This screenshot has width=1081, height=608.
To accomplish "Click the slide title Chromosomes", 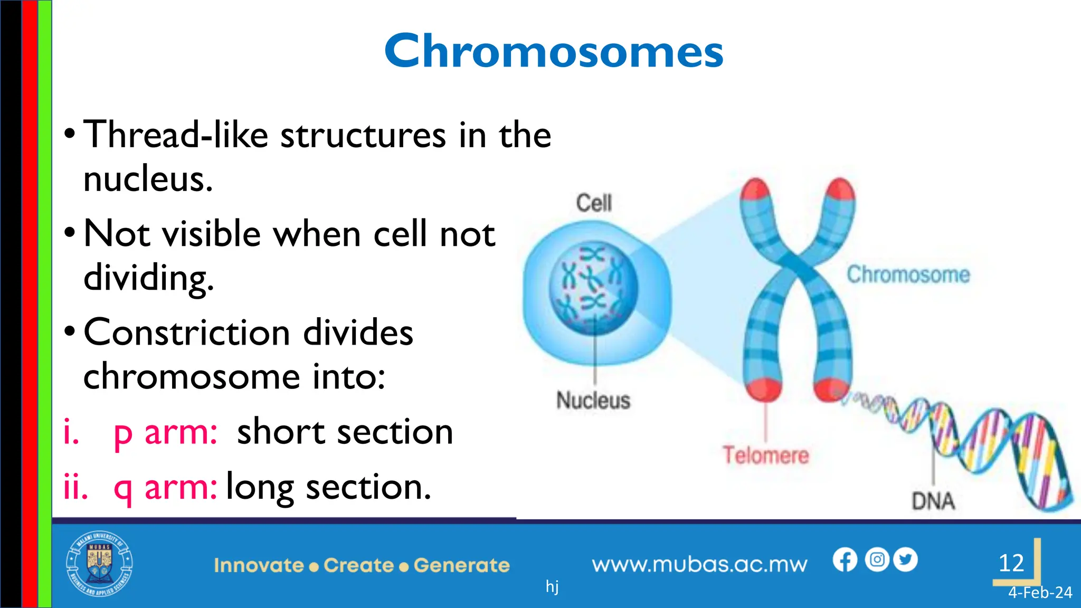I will (x=554, y=51).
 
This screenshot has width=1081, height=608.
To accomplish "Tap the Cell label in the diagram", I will (x=594, y=203).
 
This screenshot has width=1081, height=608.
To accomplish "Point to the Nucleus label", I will (x=593, y=401).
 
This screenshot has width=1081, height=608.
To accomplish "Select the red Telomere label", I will (x=765, y=455).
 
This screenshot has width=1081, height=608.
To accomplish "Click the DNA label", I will (x=933, y=501).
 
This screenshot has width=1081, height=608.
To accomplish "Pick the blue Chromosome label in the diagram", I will (x=908, y=274).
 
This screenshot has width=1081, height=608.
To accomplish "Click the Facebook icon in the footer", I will (x=845, y=559).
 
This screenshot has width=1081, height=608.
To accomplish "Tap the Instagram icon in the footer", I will (x=877, y=559).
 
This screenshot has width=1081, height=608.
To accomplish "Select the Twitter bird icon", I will (x=905, y=559).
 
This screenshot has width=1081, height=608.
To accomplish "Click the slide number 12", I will (x=1011, y=563).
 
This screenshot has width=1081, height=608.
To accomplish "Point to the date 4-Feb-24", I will (x=1040, y=593).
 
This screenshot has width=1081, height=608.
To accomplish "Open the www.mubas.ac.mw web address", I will (x=699, y=565).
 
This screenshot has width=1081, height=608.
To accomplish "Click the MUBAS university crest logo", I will (x=99, y=564).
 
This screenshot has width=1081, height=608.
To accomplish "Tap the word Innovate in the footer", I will (x=259, y=565).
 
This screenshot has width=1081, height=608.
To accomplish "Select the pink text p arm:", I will (x=165, y=433).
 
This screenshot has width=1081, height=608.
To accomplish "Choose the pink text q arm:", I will (x=165, y=487).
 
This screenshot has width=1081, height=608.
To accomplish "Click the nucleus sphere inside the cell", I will (x=593, y=288).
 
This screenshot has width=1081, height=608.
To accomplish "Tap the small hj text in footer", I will (x=552, y=586).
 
